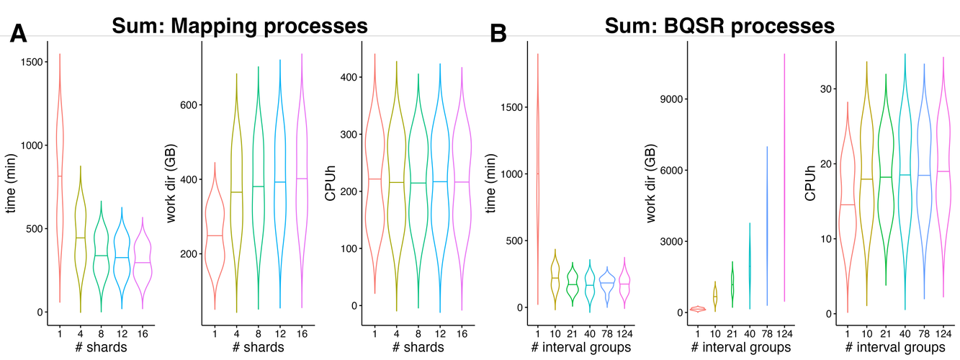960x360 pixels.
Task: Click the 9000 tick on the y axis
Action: tap(673, 99)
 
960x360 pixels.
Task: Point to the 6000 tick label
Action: tap(673, 171)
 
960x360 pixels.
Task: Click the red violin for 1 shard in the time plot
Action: tap(60, 176)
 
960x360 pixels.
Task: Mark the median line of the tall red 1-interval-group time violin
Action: tap(537, 174)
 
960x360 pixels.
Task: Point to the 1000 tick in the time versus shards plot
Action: tap(33, 145)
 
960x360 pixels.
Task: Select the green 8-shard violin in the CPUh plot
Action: tap(418, 183)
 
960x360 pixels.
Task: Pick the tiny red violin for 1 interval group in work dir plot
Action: tap(697, 309)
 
